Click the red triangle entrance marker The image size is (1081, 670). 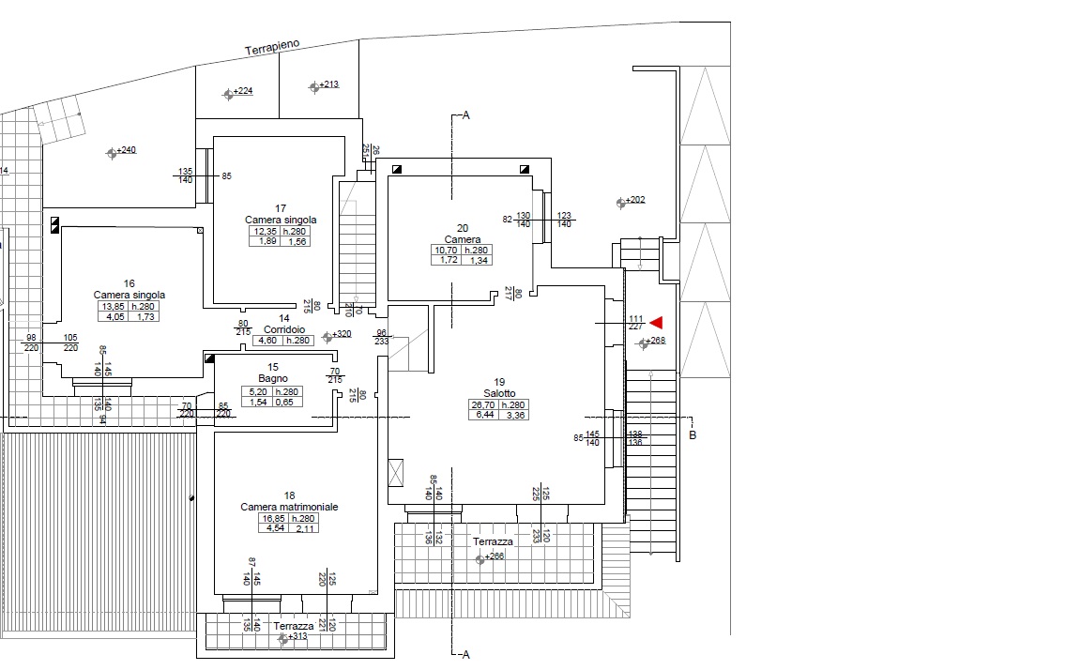point(657,323)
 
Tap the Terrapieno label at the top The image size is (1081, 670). point(272,48)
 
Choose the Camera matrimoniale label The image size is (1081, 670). point(289,507)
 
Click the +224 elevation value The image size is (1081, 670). point(243,91)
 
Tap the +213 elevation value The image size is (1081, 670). point(328,84)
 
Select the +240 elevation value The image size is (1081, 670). point(126,150)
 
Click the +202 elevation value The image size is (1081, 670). point(635,200)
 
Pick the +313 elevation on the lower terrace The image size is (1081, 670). point(297,636)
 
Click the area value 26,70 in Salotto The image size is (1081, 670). point(481,405)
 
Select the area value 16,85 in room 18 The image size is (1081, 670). point(273,518)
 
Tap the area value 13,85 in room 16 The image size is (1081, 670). point(112,306)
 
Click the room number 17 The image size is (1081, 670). point(281,208)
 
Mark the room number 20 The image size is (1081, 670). point(463,228)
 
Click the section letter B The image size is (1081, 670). point(693,435)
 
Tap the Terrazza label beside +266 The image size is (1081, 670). point(493,542)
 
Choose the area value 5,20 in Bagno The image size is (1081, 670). point(256,391)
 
